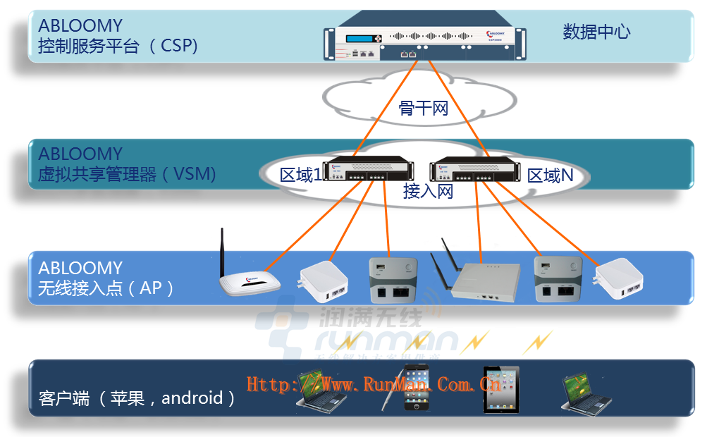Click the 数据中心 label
(x=596, y=32)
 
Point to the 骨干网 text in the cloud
(x=424, y=108)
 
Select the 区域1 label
(x=301, y=175)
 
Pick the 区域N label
(x=551, y=176)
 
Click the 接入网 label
(x=428, y=190)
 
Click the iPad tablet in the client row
(x=500, y=389)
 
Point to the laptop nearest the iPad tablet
(x=582, y=391)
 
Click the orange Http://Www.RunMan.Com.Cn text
(x=374, y=384)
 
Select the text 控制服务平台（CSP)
(x=118, y=46)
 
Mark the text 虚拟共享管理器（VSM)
(x=127, y=173)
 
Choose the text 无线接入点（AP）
(x=106, y=288)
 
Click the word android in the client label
(x=192, y=398)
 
